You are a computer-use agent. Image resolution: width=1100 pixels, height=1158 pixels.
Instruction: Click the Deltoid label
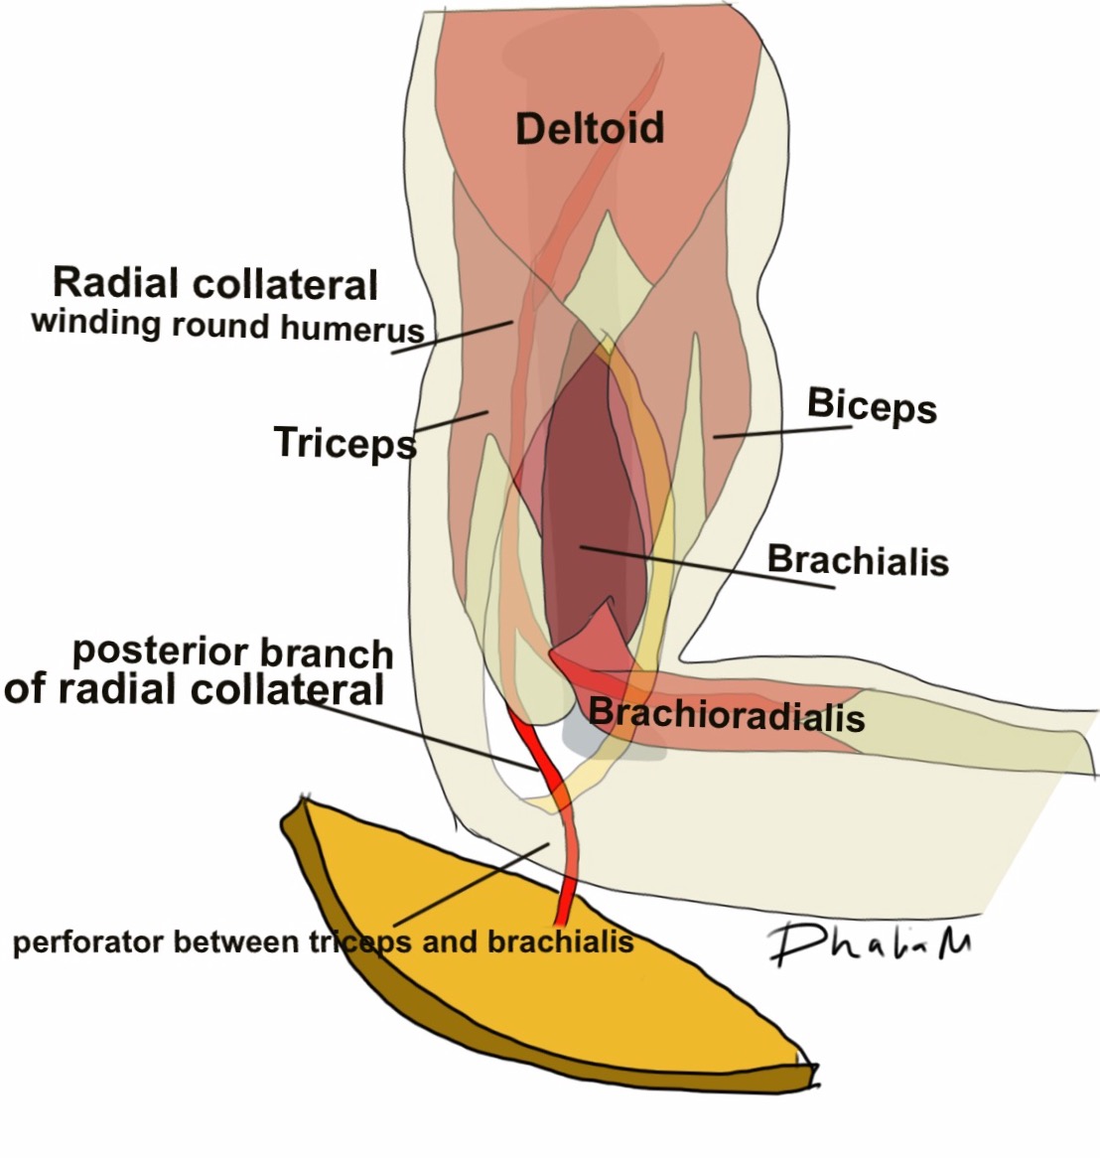[x=590, y=129]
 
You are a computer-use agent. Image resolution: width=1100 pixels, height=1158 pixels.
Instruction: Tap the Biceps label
[x=871, y=405]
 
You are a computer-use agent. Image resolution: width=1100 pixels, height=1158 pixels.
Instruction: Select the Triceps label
[x=344, y=443]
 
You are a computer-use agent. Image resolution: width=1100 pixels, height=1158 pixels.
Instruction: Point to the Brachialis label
[x=858, y=561]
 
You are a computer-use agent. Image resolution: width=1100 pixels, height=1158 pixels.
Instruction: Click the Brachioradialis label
[x=726, y=715]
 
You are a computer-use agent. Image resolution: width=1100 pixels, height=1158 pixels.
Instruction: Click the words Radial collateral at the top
[x=215, y=284]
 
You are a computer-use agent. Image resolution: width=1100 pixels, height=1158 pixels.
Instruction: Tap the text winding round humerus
[x=227, y=326]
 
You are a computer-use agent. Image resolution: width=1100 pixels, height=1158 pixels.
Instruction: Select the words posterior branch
[x=233, y=652]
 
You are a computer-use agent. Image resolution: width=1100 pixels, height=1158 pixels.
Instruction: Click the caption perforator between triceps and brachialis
[x=323, y=941]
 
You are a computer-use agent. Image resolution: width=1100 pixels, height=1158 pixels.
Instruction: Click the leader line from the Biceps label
[x=784, y=432]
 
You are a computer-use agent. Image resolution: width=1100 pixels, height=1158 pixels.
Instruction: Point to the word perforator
[x=88, y=941]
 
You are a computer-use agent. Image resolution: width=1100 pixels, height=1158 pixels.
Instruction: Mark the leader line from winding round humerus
[x=453, y=337]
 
